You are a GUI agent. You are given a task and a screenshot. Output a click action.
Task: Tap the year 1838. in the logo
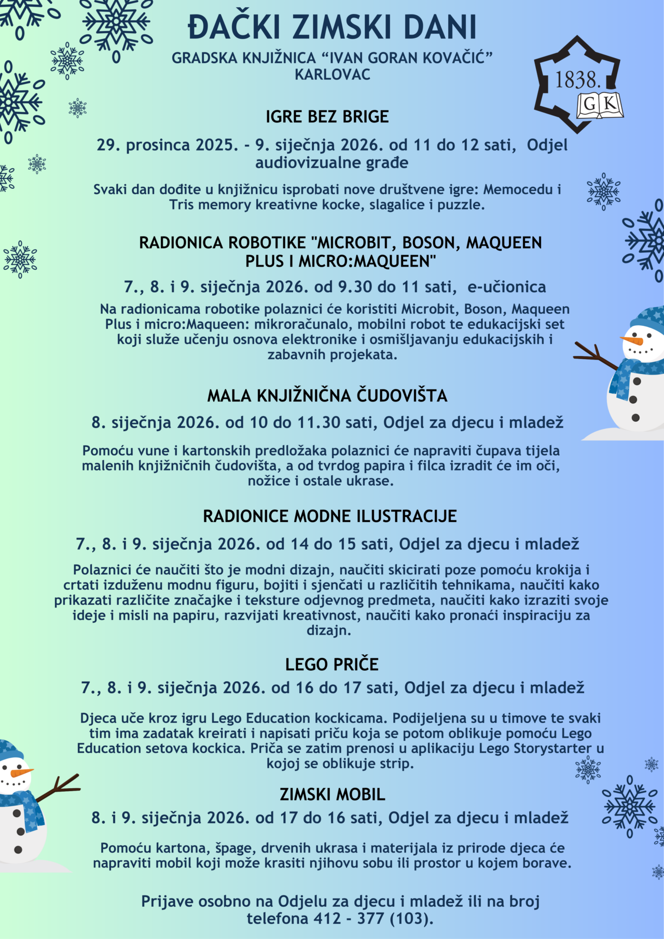pyautogui.click(x=578, y=80)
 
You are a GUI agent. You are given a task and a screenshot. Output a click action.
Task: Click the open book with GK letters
pyautogui.click(x=600, y=105)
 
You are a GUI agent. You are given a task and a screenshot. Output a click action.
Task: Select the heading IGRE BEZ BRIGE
pyautogui.click(x=327, y=117)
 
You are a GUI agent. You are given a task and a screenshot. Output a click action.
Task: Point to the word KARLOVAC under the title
pyautogui.click(x=333, y=75)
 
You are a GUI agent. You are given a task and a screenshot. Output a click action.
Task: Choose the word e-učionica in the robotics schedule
pyautogui.click(x=507, y=287)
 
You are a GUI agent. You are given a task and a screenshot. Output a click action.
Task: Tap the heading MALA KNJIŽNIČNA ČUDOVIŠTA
pyautogui.click(x=327, y=396)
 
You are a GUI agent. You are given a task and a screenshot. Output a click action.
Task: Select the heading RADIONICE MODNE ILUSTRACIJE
pyautogui.click(x=330, y=517)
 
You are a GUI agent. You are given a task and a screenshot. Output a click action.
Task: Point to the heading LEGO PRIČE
pyautogui.click(x=332, y=665)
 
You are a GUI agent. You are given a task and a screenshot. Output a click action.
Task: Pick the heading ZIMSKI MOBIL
pyautogui.click(x=333, y=795)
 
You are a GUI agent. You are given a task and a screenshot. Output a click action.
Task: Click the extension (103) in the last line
pyautogui.click(x=411, y=919)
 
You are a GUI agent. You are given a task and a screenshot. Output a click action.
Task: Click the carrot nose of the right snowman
pyautogui.click(x=632, y=340)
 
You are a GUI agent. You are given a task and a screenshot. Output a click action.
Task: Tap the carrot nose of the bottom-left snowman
pyautogui.click(x=21, y=772)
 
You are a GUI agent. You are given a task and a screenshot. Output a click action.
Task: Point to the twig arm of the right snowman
pyautogui.click(x=594, y=354)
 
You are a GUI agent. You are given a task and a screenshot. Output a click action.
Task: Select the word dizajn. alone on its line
pyautogui.click(x=329, y=631)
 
